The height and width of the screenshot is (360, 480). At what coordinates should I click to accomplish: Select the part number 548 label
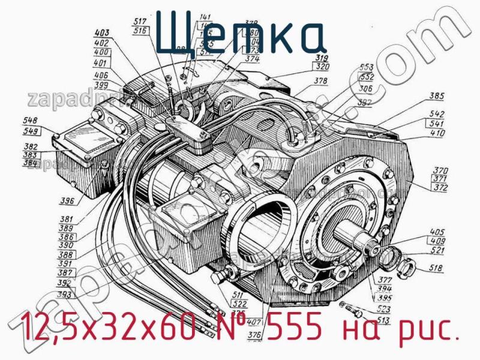point(31,120)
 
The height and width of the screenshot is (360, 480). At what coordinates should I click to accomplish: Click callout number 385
point(437,95)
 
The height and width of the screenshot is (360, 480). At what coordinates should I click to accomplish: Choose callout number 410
point(437,133)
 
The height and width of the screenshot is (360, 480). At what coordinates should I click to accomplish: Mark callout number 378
point(321,80)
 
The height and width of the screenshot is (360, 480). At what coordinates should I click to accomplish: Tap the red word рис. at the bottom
point(428,328)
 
